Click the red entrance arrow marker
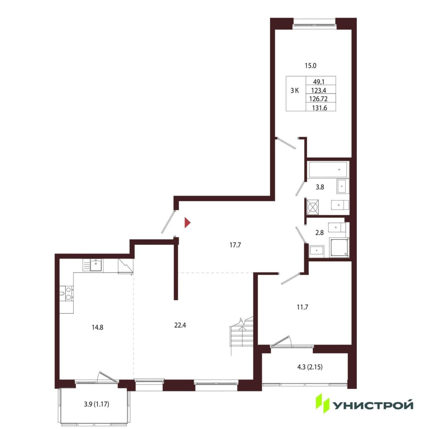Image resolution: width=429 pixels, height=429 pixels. tap(187, 223)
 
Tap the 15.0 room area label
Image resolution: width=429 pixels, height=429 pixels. tap(310, 66)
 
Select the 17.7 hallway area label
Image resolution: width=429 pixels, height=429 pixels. tap(235, 245)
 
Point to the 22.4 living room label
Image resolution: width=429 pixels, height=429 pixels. tap(180, 325)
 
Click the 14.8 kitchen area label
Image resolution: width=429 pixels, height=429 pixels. tap(98, 327)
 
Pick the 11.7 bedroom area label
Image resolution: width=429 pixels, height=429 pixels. tap(302, 307)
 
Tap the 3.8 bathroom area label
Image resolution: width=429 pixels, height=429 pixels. tap(320, 187)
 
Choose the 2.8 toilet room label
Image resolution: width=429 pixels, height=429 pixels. tap(319, 233)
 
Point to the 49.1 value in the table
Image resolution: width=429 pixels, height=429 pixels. tap(319, 82)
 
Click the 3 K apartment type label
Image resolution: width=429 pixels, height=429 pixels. tap(295, 90)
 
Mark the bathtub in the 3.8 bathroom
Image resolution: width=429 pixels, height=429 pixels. tap(328, 170)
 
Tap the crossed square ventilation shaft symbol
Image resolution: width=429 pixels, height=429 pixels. tap(313, 207)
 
